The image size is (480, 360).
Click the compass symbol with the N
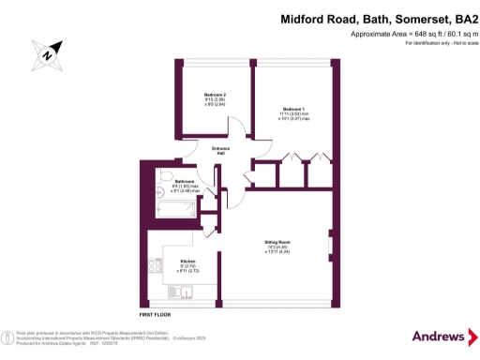pyautogui.click(x=45, y=52)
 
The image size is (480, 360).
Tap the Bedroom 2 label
pyautogui.click(x=215, y=95)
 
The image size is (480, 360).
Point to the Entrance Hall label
pyautogui.click(x=221, y=150)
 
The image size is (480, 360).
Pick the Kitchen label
pyautogui.click(x=187, y=260)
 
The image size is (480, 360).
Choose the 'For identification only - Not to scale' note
pyautogui.click(x=432, y=44)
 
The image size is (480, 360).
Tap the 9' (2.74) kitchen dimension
pyautogui.click(x=187, y=265)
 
